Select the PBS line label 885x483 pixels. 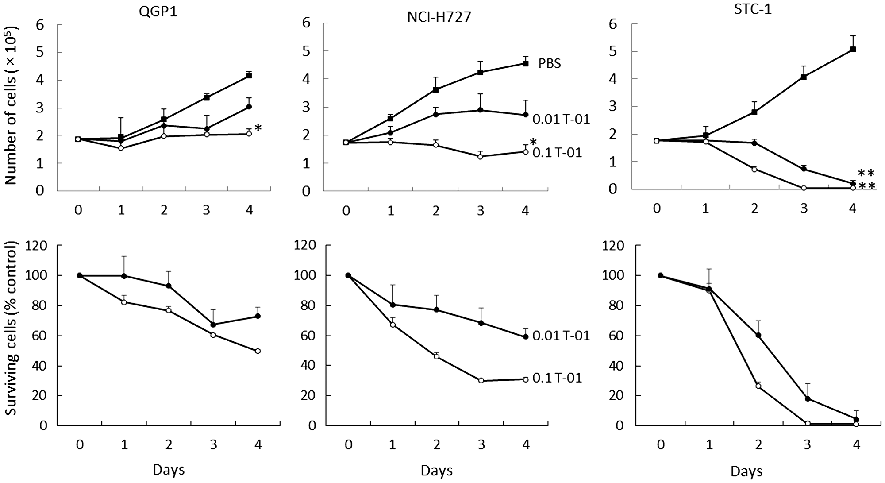[550, 64]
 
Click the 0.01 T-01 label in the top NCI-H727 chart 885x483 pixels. [561, 119]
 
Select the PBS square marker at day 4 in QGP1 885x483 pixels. [249, 75]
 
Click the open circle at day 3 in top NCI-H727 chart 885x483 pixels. [481, 156]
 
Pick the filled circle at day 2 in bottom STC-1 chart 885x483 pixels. [758, 335]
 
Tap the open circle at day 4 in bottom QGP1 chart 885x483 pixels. [258, 351]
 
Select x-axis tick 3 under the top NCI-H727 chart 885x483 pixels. [481, 211]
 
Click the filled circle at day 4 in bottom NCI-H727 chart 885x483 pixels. [526, 336]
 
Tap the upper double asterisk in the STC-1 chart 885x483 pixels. [866, 173]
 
